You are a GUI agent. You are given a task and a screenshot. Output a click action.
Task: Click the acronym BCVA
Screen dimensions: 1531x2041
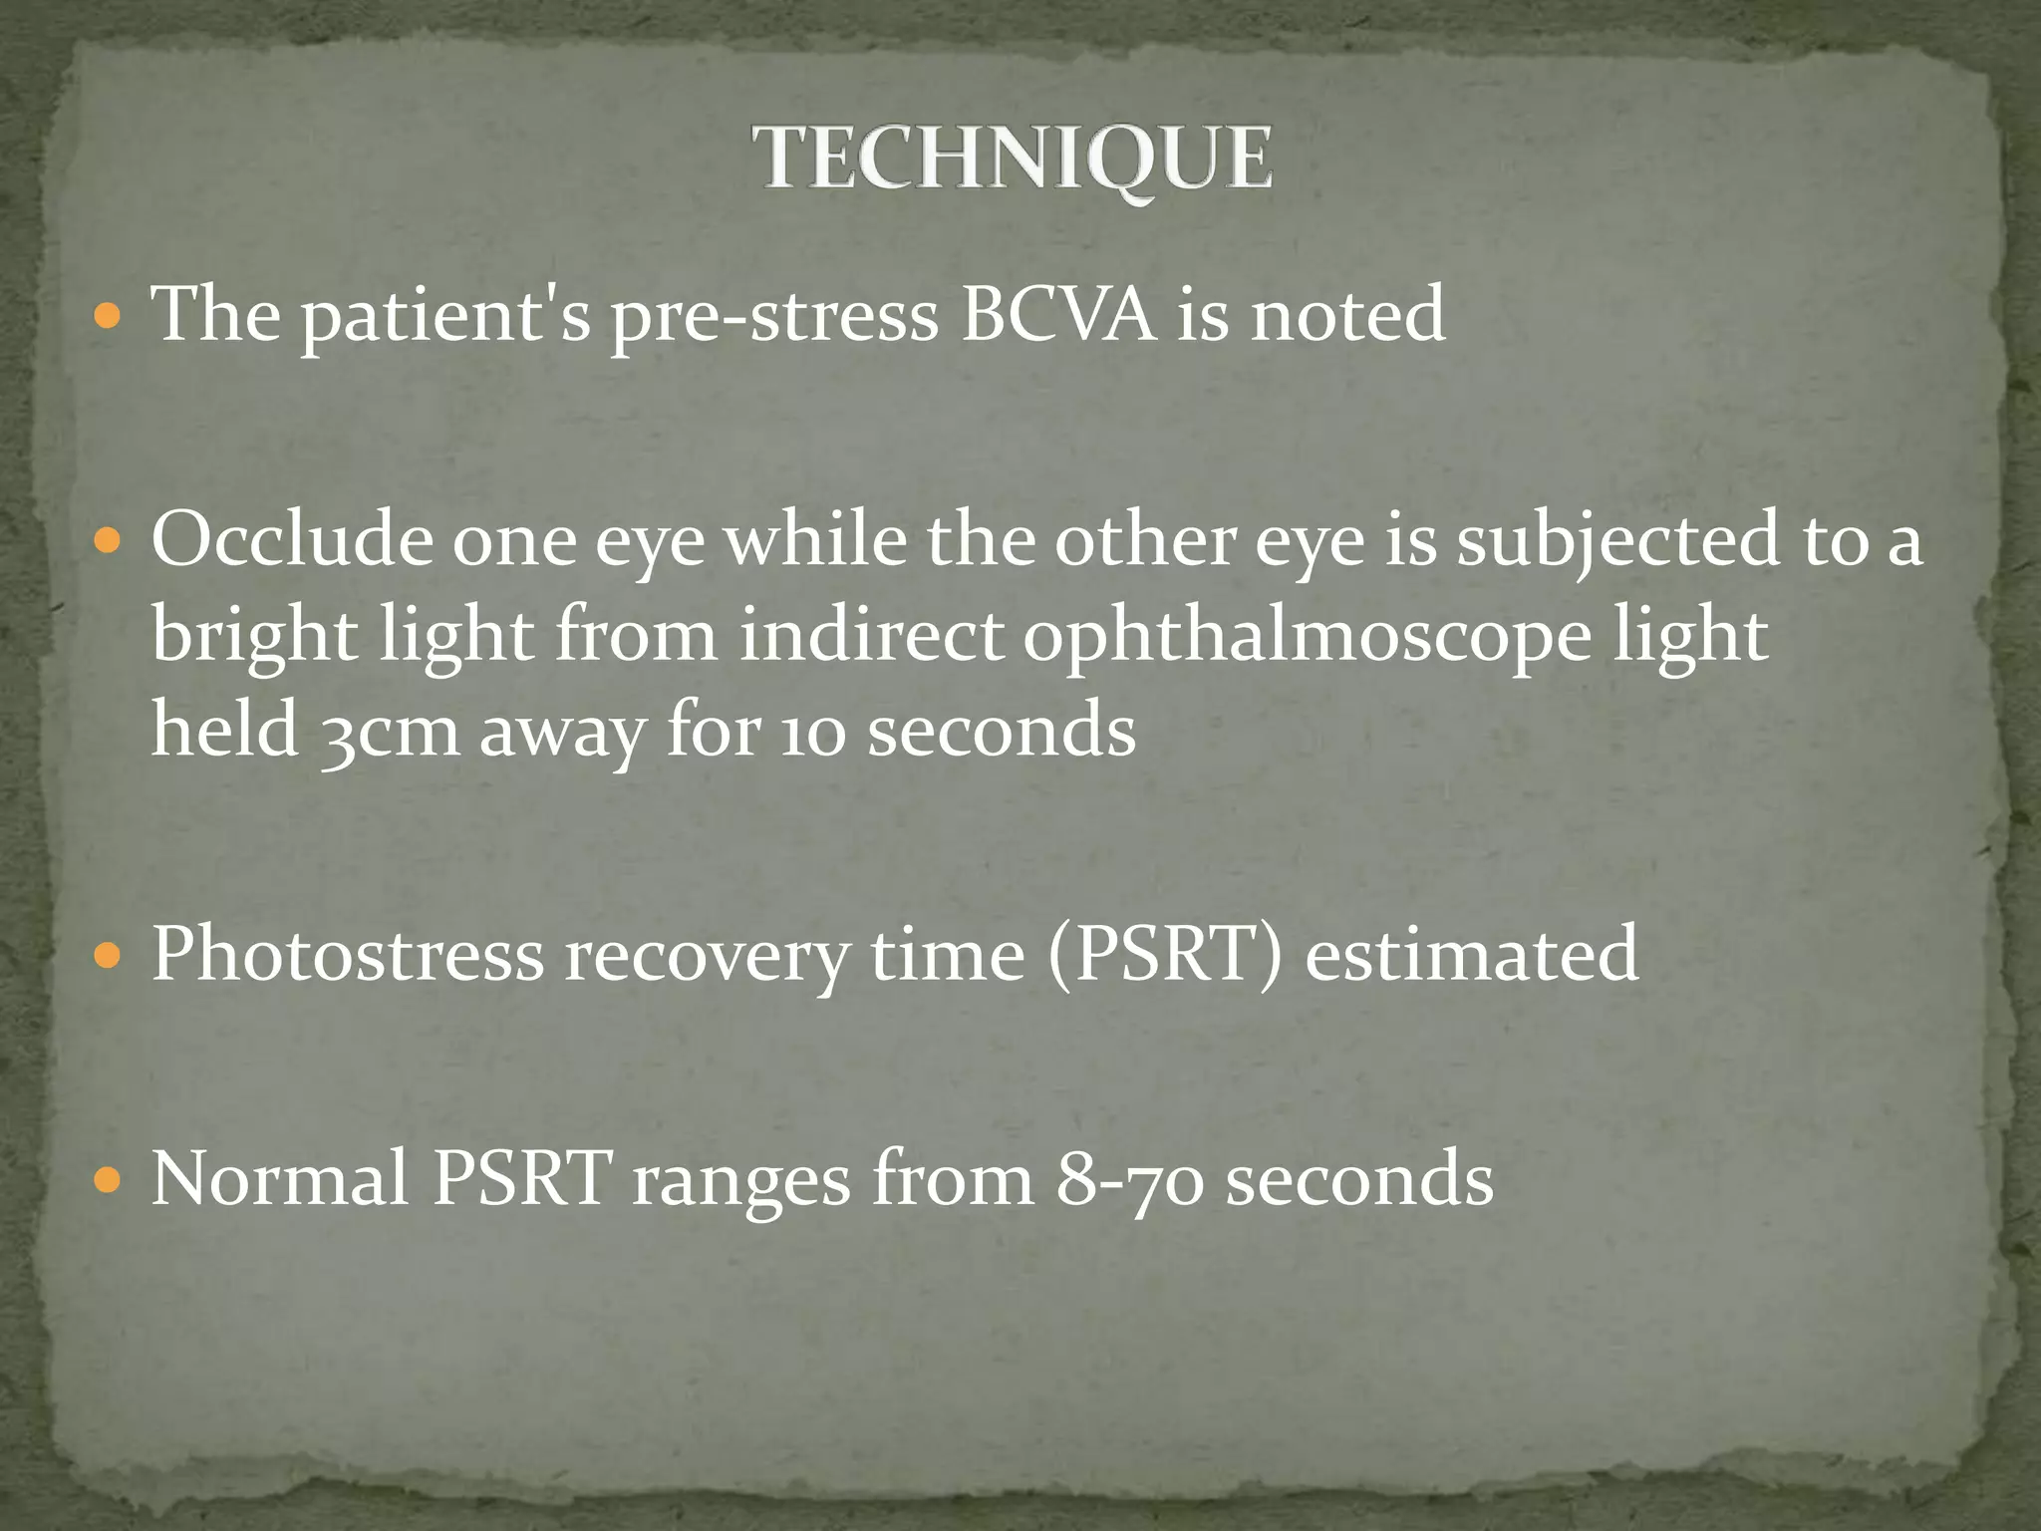pyautogui.click(x=1057, y=314)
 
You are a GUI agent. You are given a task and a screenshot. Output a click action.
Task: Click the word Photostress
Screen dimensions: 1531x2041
pyautogui.click(x=348, y=954)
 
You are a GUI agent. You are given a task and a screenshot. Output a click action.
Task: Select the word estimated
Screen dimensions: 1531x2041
pyautogui.click(x=1471, y=954)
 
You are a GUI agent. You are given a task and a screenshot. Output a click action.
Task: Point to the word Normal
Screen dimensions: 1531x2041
pyautogui.click(x=280, y=1179)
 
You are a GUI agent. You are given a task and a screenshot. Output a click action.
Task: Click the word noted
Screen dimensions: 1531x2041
pyautogui.click(x=1347, y=314)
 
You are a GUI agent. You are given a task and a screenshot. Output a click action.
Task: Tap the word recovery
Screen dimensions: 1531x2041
pyautogui.click(x=706, y=954)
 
